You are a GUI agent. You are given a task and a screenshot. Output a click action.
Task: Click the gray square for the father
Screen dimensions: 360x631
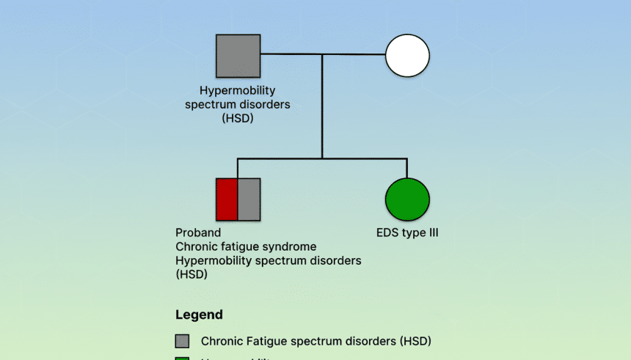238,56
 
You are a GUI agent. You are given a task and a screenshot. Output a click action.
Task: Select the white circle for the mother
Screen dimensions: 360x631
407,56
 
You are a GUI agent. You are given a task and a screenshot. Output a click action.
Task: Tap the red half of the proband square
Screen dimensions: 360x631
227,199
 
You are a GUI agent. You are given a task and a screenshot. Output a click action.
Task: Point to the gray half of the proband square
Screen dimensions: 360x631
249,199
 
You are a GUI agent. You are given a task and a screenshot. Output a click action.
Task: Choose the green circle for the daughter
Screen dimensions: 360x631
407,199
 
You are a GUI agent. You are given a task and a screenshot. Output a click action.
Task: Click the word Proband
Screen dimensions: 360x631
198,233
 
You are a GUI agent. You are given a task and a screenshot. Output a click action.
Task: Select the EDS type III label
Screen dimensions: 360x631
407,233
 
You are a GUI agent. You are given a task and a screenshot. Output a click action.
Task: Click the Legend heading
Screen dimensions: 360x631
199,315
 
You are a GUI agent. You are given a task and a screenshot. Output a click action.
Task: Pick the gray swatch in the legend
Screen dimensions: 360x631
183,341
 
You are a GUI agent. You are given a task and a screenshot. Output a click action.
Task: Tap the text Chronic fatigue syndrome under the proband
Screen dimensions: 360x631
246,247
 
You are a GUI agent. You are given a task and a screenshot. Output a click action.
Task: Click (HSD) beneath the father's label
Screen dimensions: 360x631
237,117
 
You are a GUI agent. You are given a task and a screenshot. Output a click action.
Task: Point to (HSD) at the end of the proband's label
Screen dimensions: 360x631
192,275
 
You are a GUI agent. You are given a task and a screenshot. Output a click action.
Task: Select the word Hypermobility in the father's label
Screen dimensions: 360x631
236,91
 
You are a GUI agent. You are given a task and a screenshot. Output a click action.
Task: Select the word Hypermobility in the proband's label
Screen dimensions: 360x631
213,261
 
